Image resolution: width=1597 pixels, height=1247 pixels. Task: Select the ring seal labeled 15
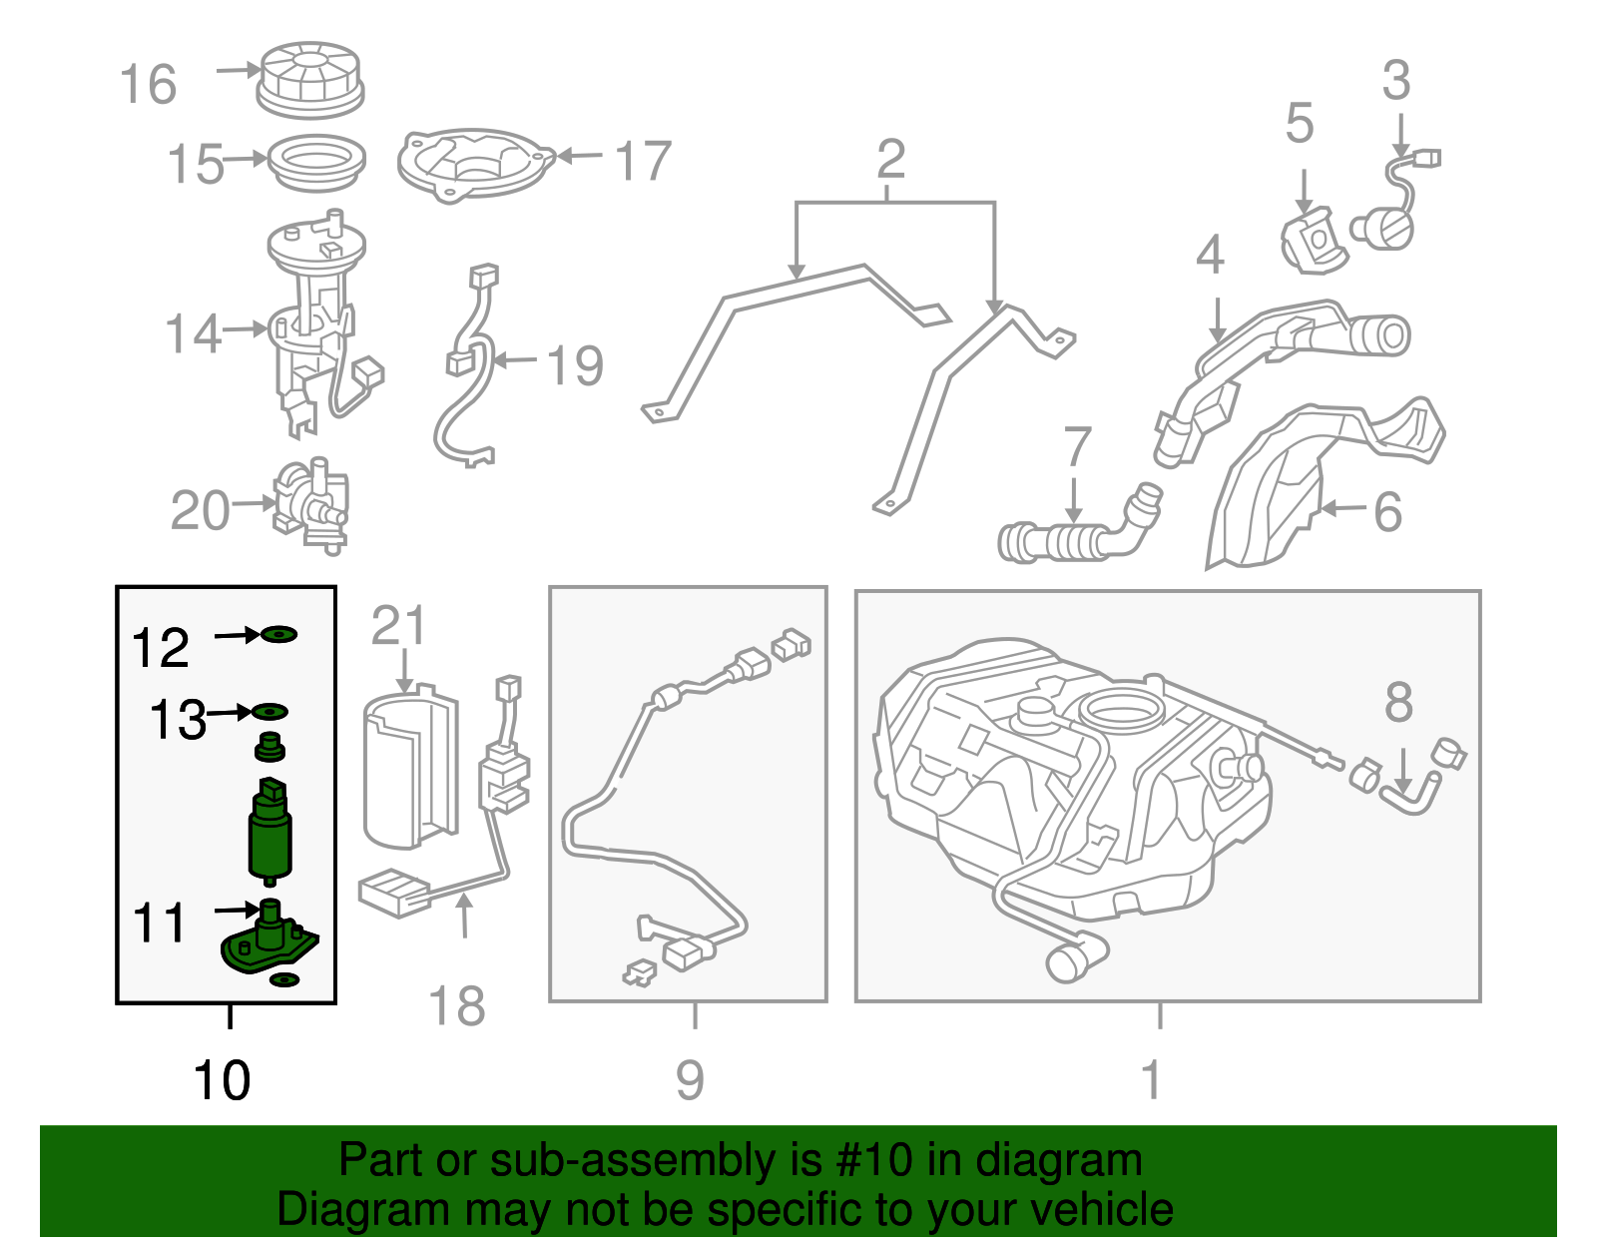[x=318, y=161]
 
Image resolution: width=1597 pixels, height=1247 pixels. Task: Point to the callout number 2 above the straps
[x=890, y=160]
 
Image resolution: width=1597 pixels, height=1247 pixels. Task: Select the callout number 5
[x=1299, y=124]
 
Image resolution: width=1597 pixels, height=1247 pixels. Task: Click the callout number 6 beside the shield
[x=1387, y=511]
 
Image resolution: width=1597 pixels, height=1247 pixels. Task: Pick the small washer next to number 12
[x=279, y=634]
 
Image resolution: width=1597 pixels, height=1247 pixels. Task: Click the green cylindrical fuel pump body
[x=269, y=833]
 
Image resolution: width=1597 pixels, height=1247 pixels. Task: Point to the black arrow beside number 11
[x=237, y=910]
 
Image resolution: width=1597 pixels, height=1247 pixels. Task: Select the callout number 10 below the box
[x=222, y=1080]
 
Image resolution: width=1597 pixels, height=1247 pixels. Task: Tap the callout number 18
[x=456, y=1006]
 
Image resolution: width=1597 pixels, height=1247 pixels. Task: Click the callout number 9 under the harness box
[x=690, y=1080]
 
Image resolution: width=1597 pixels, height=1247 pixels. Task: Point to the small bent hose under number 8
[x=1409, y=796]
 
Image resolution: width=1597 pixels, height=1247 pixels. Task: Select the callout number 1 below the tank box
[x=1151, y=1080]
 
